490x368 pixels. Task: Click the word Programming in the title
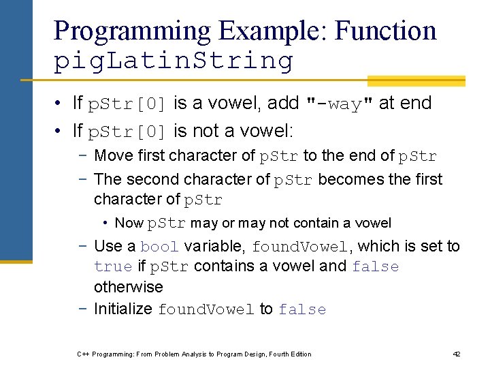click(x=132, y=31)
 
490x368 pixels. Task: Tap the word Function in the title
click(x=386, y=31)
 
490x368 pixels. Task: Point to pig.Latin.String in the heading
click(x=173, y=61)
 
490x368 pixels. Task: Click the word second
click(x=152, y=180)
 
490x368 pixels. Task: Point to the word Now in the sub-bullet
click(x=129, y=224)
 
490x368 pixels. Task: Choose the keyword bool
click(x=159, y=247)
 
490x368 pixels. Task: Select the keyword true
click(x=112, y=267)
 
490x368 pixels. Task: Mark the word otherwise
click(x=128, y=288)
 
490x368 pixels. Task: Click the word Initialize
click(x=122, y=309)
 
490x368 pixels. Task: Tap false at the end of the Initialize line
click(x=302, y=310)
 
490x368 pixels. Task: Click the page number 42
click(x=457, y=354)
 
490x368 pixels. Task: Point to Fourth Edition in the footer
click(x=287, y=354)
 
